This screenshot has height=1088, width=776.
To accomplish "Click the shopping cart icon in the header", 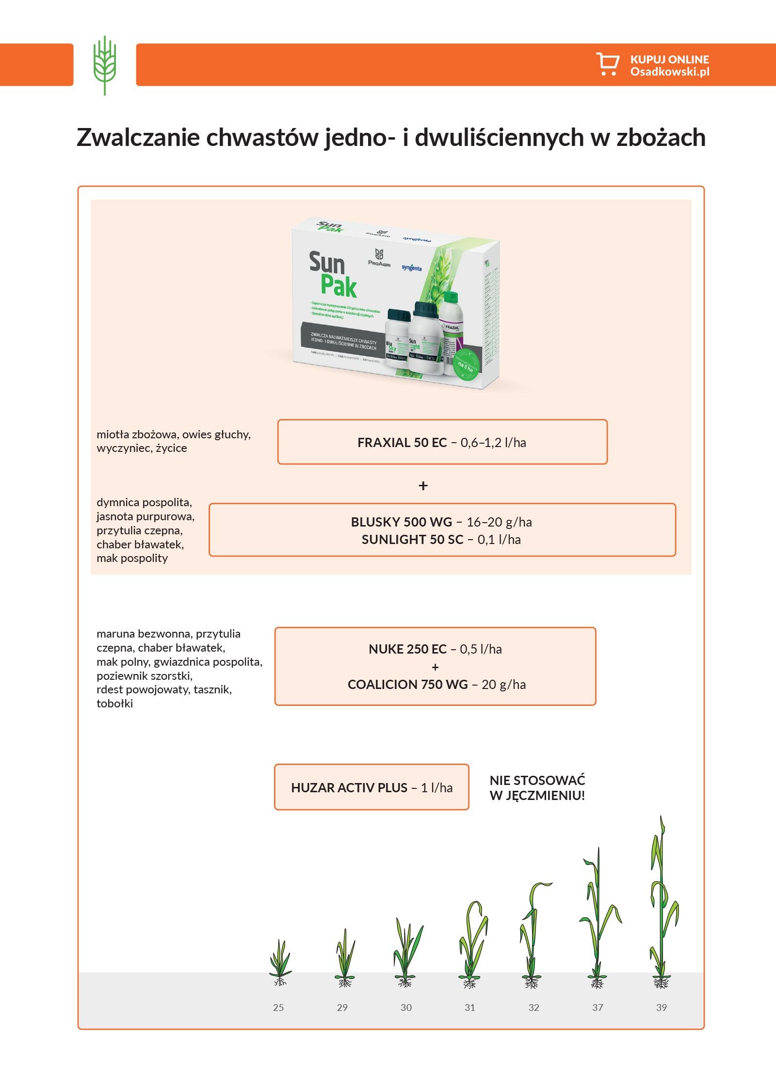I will click(607, 64).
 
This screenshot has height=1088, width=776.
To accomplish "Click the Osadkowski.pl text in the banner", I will click(670, 72).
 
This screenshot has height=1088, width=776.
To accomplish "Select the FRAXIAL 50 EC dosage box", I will click(442, 442).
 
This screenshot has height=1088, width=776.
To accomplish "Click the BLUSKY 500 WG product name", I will click(401, 522).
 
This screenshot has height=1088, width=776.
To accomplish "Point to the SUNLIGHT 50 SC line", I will click(441, 540).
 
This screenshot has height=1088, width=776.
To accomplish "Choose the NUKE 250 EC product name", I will click(407, 649).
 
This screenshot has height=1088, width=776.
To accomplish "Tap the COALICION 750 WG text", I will click(407, 685).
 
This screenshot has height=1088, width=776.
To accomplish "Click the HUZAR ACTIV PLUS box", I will click(372, 788).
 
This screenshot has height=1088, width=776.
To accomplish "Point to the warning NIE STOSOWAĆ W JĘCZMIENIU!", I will click(537, 788).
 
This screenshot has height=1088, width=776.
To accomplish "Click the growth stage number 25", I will click(278, 1008).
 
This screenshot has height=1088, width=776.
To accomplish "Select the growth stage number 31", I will click(470, 1008).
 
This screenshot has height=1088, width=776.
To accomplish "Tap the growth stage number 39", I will click(662, 1008).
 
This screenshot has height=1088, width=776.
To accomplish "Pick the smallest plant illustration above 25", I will click(280, 962).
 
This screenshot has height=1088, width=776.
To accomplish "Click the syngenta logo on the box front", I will click(411, 268).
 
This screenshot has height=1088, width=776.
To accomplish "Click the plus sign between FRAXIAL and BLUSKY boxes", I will click(423, 486).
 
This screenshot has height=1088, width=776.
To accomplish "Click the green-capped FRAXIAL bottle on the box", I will click(452, 330).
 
